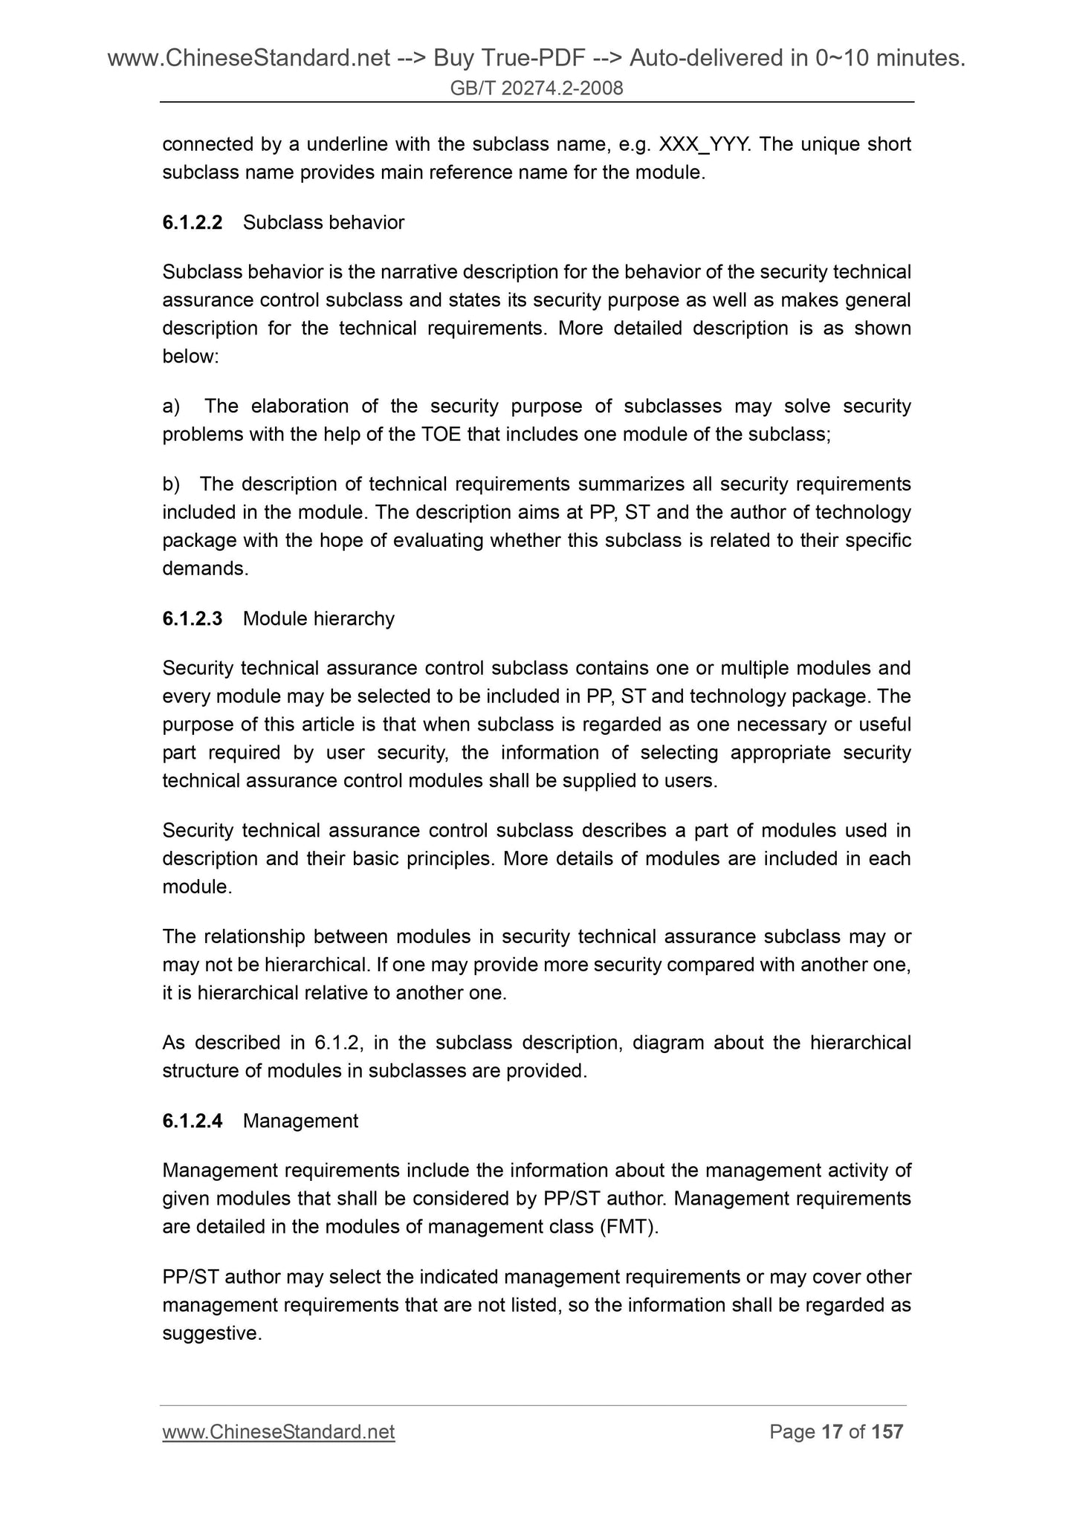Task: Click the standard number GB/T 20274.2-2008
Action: point(537,89)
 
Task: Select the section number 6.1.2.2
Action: point(193,222)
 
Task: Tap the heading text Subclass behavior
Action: point(323,222)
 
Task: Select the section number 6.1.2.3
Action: point(193,618)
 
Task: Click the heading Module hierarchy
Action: point(318,618)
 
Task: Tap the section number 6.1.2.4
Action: point(193,1121)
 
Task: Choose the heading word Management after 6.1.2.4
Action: point(300,1121)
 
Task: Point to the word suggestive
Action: point(212,1333)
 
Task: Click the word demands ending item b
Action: point(205,569)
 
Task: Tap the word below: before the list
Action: point(190,357)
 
